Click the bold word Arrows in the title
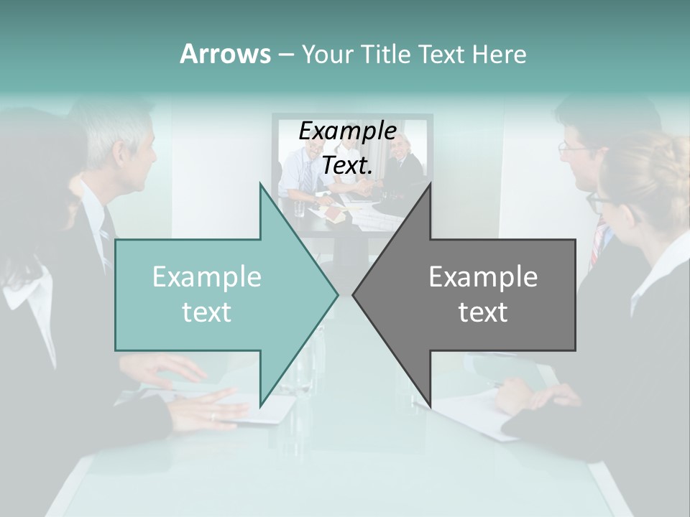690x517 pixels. (225, 54)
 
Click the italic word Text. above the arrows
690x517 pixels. (347, 166)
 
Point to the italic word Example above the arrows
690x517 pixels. (347, 131)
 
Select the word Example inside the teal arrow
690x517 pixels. (207, 277)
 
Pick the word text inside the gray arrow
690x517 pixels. (483, 312)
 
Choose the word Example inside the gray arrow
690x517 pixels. (483, 276)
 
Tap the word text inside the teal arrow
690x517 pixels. (207, 312)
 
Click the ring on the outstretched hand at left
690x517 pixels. (213, 416)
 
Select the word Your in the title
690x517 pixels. (328, 54)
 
